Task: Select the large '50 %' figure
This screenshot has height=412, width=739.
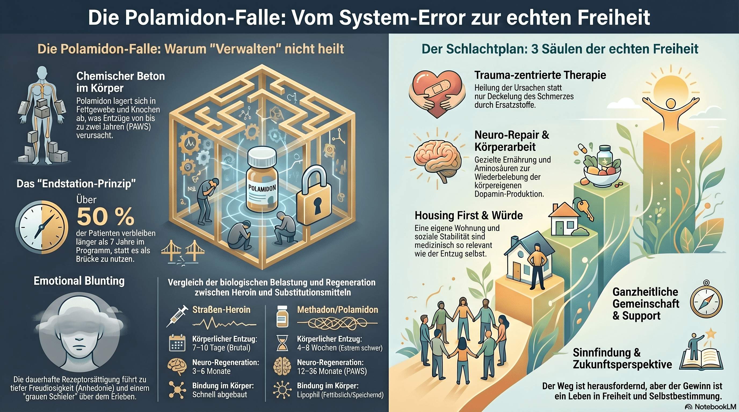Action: point(105,217)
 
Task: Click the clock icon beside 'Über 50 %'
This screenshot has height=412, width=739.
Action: point(42,227)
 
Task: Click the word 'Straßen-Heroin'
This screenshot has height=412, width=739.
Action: point(221,310)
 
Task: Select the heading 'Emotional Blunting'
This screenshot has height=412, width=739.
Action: point(79,281)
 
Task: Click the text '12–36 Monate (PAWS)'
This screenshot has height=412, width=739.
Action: point(332,371)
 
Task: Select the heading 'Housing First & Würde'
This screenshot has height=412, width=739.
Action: point(469,215)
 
